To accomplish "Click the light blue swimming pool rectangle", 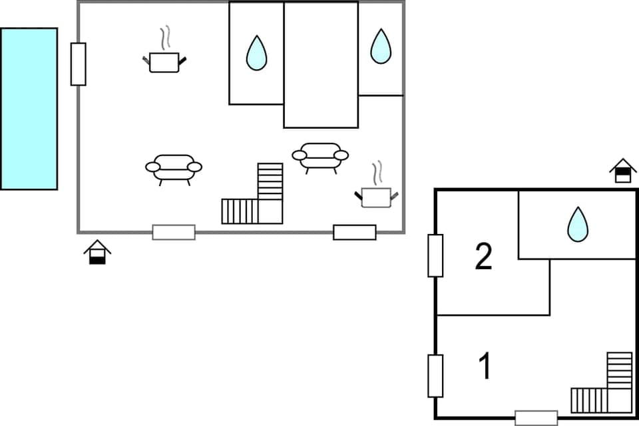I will (29, 109).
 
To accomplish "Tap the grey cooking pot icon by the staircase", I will (376, 197).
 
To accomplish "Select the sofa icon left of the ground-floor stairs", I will (174, 167).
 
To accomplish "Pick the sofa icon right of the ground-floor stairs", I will (320, 156).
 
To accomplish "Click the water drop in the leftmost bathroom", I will (256, 53).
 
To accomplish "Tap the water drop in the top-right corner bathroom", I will (381, 47).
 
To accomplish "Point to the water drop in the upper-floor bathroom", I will (577, 225).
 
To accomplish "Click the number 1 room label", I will (486, 366).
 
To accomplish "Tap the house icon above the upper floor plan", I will (623, 170).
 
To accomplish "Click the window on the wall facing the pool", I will (79, 64).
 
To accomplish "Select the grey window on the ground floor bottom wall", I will (174, 232).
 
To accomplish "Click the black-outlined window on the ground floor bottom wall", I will (355, 232).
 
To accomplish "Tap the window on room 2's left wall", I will (435, 255).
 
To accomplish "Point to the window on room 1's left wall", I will (435, 376).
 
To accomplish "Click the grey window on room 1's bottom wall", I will (536, 418).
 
